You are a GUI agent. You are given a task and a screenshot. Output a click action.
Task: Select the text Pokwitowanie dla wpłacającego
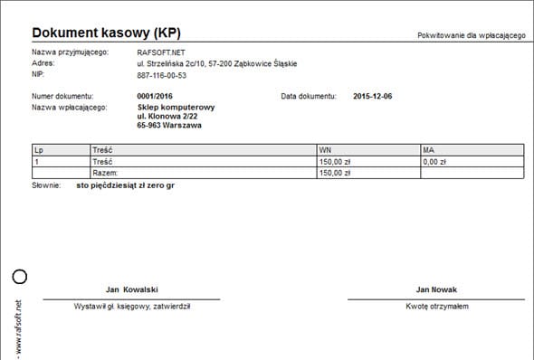[x=471, y=34]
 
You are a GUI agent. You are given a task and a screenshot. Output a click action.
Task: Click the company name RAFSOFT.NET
[x=161, y=52]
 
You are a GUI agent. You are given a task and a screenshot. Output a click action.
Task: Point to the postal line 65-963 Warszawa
[x=169, y=126]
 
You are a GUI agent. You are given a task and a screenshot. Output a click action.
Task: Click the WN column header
[x=325, y=150]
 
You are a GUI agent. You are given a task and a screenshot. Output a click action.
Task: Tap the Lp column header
[x=38, y=150]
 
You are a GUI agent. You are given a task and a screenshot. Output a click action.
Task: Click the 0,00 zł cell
[x=434, y=161]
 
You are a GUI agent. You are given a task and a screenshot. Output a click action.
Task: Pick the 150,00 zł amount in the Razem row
[x=336, y=172]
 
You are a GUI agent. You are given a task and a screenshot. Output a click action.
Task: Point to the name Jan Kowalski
[x=132, y=289]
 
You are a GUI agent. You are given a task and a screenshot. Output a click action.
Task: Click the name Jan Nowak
[x=436, y=289]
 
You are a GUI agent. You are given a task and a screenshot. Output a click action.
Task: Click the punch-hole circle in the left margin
[x=20, y=276]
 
